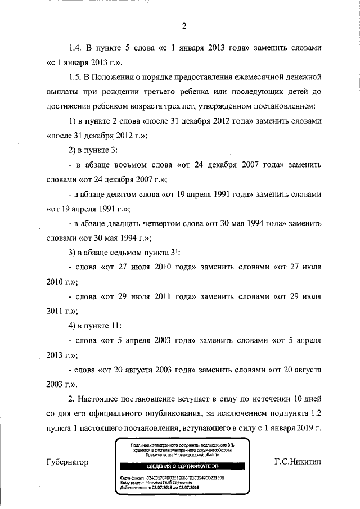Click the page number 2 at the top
point(183,25)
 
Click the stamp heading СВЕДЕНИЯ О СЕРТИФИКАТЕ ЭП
point(179,466)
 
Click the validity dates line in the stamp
point(161,488)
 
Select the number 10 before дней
point(295,399)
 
